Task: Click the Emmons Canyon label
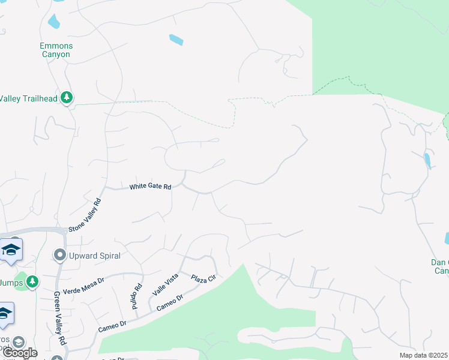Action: tap(55, 50)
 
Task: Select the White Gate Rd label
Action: tap(151, 187)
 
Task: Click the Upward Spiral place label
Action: tap(94, 256)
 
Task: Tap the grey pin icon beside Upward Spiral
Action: tap(59, 256)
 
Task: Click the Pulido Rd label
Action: tap(137, 296)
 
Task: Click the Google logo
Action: tap(19, 353)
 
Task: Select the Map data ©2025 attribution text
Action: tap(424, 355)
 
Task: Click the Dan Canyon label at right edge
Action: tap(440, 266)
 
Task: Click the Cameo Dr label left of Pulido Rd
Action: tap(112, 327)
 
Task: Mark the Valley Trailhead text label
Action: tap(28, 98)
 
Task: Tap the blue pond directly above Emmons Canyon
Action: tap(53, 22)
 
